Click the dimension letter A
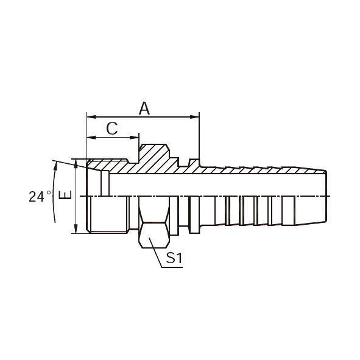coord(144,108)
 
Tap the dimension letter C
coord(112,129)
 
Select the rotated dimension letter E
coord(65,195)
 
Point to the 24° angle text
coord(40,196)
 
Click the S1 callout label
coord(174,258)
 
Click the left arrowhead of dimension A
coord(91,117)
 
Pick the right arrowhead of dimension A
coord(195,117)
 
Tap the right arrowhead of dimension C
coord(135,137)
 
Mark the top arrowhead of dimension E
coord(76,163)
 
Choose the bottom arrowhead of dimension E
coord(76,230)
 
